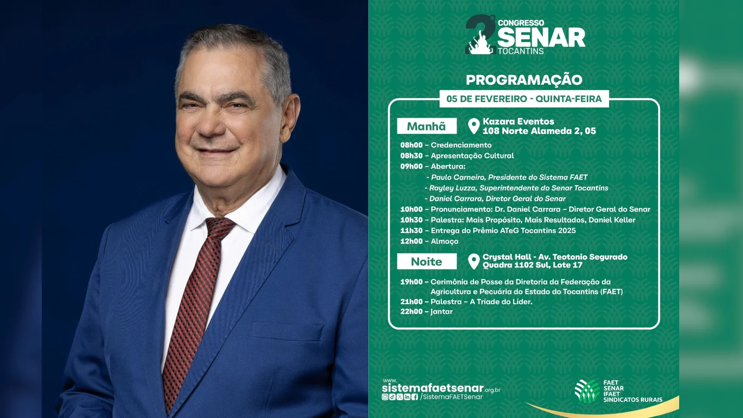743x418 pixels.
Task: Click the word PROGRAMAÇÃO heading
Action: click(524, 79)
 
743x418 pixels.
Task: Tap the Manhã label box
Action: click(426, 126)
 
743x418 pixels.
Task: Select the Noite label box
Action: click(426, 262)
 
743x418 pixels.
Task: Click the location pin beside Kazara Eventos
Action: click(474, 126)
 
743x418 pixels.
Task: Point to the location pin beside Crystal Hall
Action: click(474, 262)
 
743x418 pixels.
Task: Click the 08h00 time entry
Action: click(411, 145)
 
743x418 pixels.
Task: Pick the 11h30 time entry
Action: click(411, 231)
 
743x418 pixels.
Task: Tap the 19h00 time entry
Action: click(411, 282)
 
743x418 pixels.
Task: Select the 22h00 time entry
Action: click(411, 312)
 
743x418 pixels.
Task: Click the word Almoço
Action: click(445, 242)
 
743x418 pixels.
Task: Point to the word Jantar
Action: click(442, 312)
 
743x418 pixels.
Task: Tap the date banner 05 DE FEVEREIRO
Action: click(524, 99)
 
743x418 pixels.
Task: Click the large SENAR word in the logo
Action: click(541, 38)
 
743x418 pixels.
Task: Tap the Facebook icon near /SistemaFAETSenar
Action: click(415, 397)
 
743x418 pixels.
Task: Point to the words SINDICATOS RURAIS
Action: click(633, 400)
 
